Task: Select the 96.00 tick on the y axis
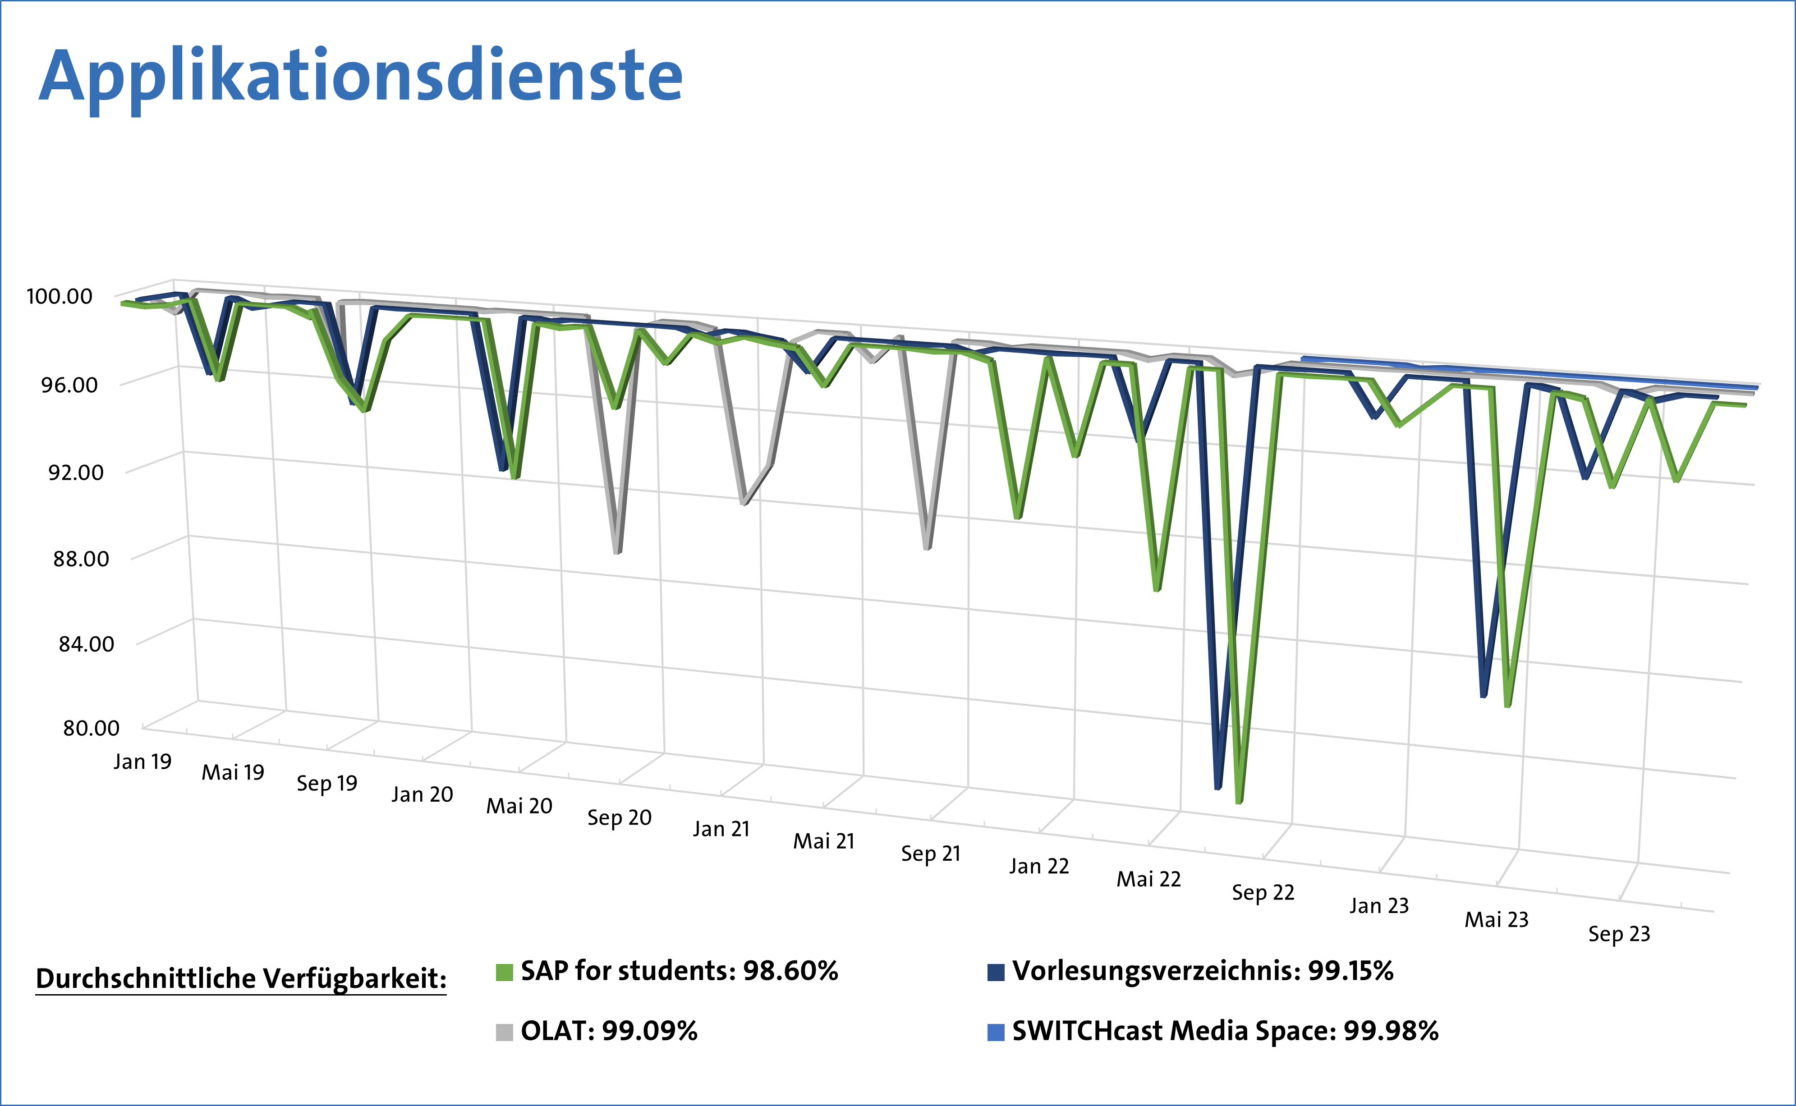[69, 385]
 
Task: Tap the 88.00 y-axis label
[80, 559]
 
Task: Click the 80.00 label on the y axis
[91, 728]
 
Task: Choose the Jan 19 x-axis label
[142, 762]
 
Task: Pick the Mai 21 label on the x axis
[824, 841]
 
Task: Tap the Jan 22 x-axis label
[1039, 866]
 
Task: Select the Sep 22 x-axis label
[1263, 892]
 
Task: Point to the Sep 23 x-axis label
[1619, 934]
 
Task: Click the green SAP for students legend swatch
[504, 972]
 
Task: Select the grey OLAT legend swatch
[504, 1032]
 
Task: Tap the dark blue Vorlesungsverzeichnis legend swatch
[996, 972]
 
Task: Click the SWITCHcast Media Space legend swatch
[996, 1032]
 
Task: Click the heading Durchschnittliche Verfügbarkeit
[241, 978]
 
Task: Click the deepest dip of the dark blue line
[1218, 787]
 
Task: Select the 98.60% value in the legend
[790, 971]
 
